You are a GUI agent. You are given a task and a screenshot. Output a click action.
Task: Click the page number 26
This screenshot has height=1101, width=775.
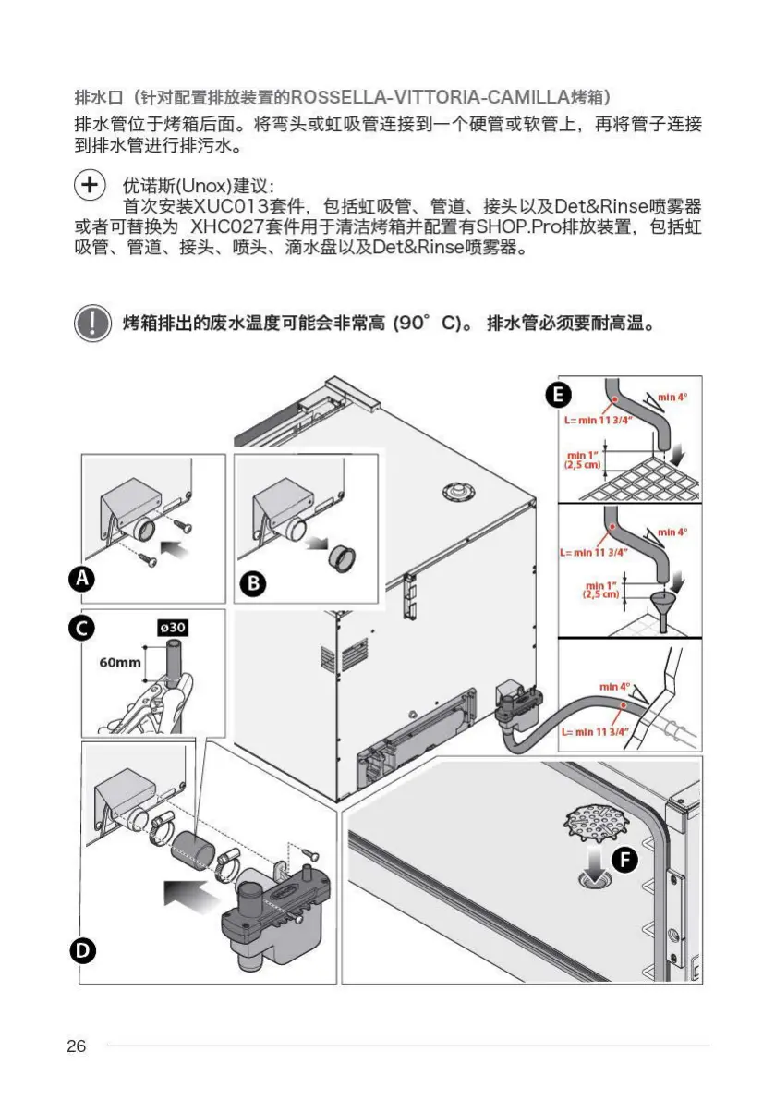click(76, 1046)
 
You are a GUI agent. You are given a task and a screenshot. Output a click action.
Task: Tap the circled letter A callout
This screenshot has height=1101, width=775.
click(83, 580)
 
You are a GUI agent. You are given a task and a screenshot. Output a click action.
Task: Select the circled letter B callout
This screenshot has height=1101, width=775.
click(251, 583)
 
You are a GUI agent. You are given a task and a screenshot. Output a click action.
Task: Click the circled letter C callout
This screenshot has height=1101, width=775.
click(83, 628)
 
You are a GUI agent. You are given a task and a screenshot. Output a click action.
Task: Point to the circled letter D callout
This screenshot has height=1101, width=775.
click(83, 949)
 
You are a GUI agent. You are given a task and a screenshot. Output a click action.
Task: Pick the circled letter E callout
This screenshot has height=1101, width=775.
click(555, 396)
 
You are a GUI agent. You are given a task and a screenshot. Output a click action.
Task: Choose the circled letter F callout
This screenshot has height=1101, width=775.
click(625, 861)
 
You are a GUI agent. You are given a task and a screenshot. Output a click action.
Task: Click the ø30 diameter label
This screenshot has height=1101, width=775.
click(173, 628)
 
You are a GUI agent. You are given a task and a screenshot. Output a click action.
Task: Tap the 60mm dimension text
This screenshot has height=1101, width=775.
click(120, 662)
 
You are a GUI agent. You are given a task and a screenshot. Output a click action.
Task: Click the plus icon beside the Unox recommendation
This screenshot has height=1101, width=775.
click(89, 185)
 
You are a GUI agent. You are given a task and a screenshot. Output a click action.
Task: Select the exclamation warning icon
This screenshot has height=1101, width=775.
click(91, 324)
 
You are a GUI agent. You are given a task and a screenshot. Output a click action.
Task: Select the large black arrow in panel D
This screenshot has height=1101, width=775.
click(188, 894)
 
